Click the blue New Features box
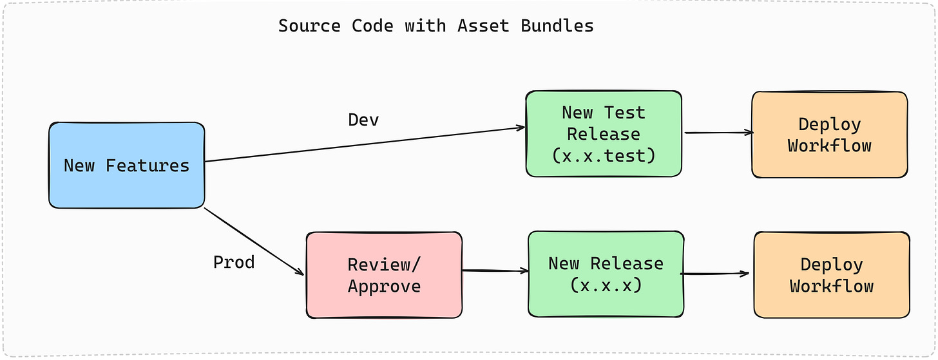[126, 166]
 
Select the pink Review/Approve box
[384, 275]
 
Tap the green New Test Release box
[603, 134]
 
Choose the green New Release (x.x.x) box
[606, 274]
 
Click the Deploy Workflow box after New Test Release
[829, 135]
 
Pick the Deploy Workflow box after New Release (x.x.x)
[832, 275]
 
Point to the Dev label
[363, 120]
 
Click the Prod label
[234, 262]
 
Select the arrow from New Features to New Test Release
[365, 145]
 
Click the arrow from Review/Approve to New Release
[495, 271]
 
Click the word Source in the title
[310, 26]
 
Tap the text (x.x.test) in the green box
[603, 156]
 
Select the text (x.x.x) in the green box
[606, 285]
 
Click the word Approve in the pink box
[384, 286]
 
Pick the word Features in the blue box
[148, 166]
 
